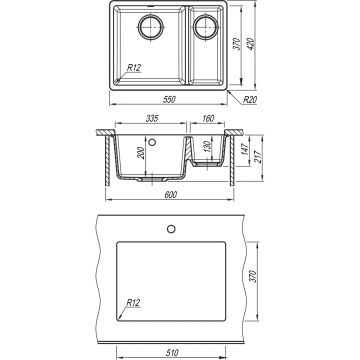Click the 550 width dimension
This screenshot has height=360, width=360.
click(170, 100)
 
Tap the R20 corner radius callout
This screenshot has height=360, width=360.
click(249, 100)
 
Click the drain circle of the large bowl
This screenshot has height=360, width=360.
click(151, 27)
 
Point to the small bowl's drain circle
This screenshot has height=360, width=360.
click(206, 27)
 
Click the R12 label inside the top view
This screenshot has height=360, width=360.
click(134, 67)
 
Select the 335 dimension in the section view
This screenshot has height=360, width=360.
click(151, 118)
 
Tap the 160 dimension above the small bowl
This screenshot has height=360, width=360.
click(208, 118)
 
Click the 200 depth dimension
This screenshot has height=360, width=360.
click(141, 153)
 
